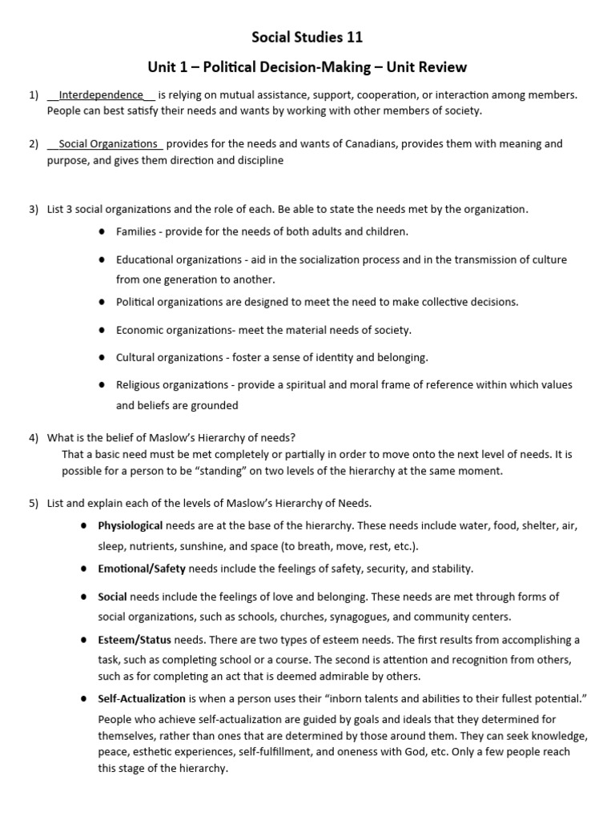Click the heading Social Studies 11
[x=307, y=37]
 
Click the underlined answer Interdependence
[x=101, y=94]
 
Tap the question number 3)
[x=34, y=210]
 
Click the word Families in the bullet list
[x=136, y=231]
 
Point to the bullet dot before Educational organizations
[x=102, y=260]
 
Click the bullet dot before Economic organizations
[x=102, y=330]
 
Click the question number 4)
[x=34, y=438]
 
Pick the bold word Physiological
[x=130, y=526]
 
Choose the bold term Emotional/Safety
[x=142, y=569]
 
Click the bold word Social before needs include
[x=112, y=597]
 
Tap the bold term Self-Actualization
[x=141, y=698]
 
